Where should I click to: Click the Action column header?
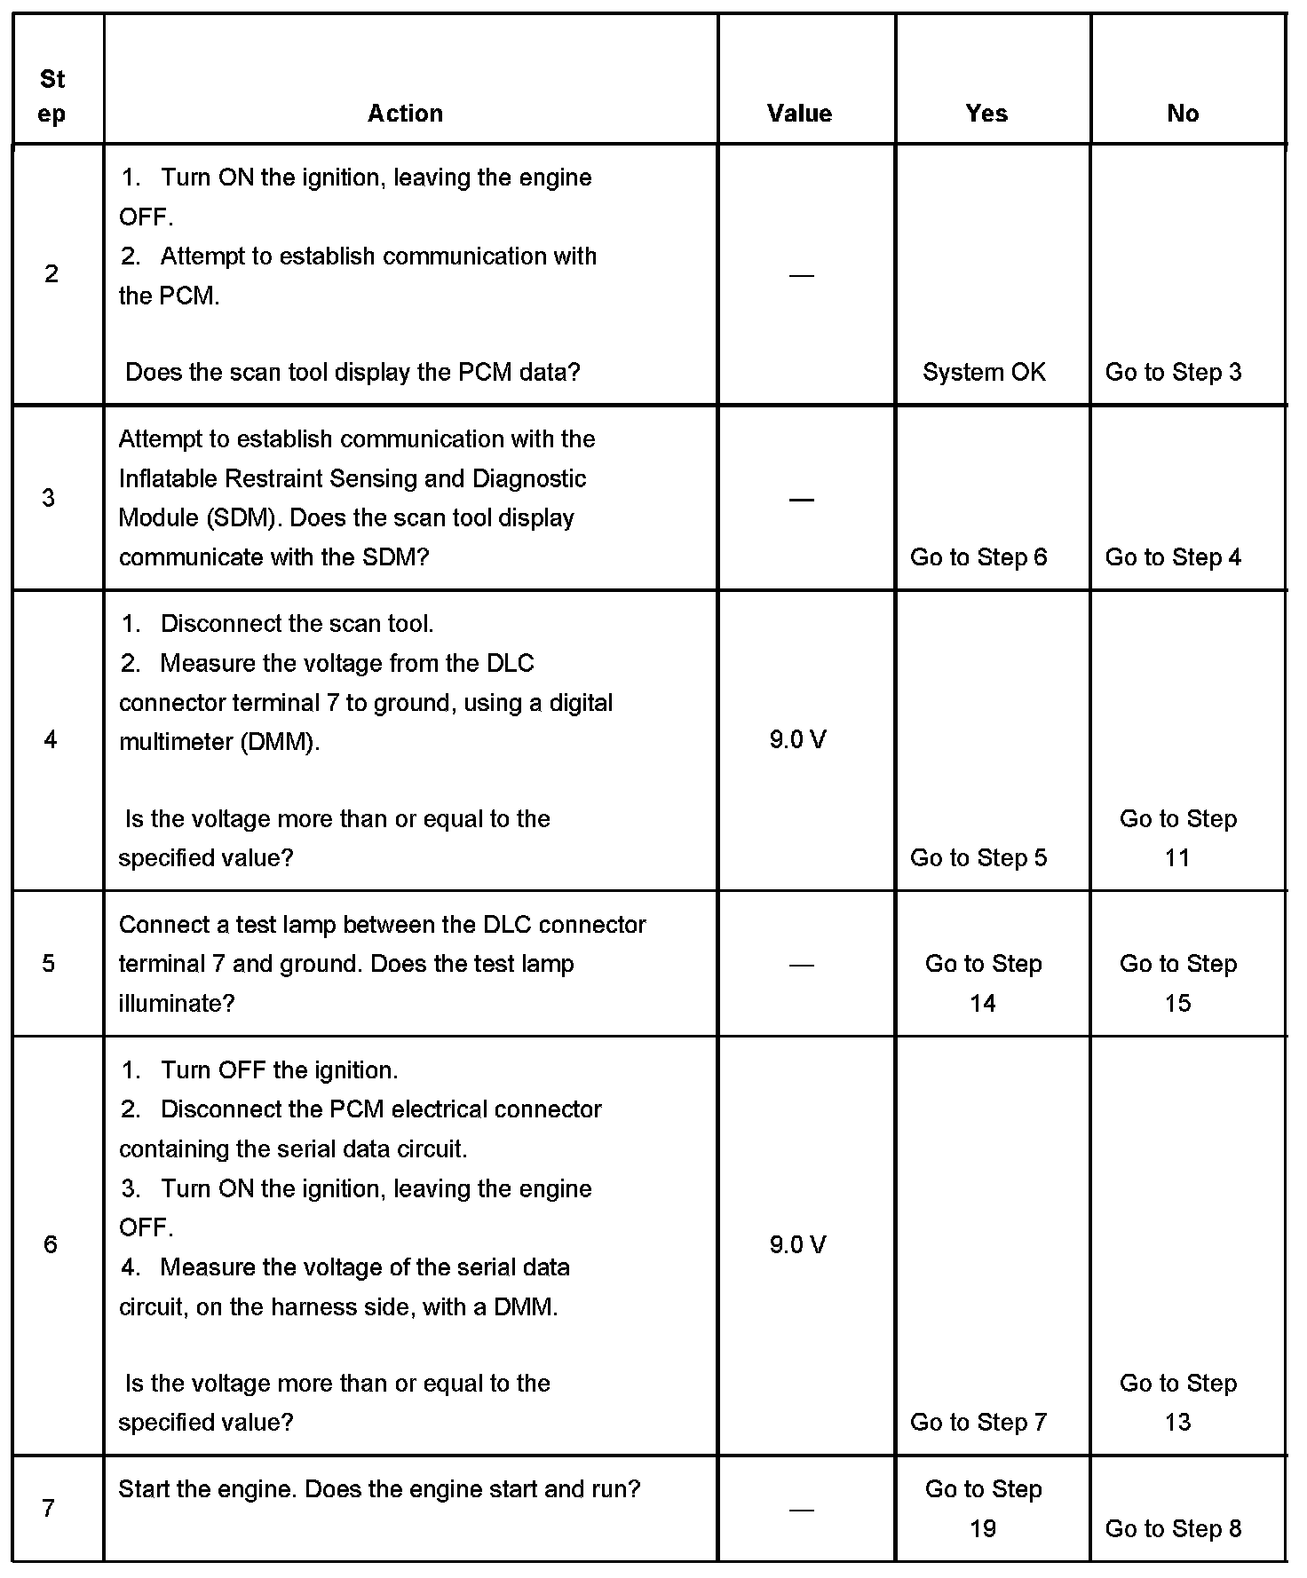click(x=405, y=114)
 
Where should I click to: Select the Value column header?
click(x=799, y=114)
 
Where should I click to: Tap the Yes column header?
click(x=986, y=114)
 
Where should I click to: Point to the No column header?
click(x=1183, y=114)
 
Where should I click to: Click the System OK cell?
click(x=984, y=372)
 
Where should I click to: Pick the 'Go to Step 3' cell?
click(x=1173, y=372)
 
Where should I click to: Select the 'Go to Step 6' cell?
click(x=978, y=557)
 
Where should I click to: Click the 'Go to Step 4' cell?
click(x=1173, y=557)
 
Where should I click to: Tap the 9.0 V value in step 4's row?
click(x=797, y=739)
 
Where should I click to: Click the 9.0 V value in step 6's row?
click(x=797, y=1245)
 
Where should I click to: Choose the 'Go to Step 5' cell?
click(x=978, y=857)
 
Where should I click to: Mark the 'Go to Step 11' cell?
click(x=1177, y=838)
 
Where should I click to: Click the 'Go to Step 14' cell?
click(x=983, y=983)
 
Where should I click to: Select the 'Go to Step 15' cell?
click(x=1177, y=983)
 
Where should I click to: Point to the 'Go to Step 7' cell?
click(x=978, y=1422)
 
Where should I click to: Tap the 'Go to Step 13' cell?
click(x=1177, y=1402)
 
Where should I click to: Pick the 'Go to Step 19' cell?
click(x=983, y=1508)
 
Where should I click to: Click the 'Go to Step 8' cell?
click(x=1173, y=1528)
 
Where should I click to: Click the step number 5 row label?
click(x=49, y=964)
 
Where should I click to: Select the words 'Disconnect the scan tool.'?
click(x=297, y=624)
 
